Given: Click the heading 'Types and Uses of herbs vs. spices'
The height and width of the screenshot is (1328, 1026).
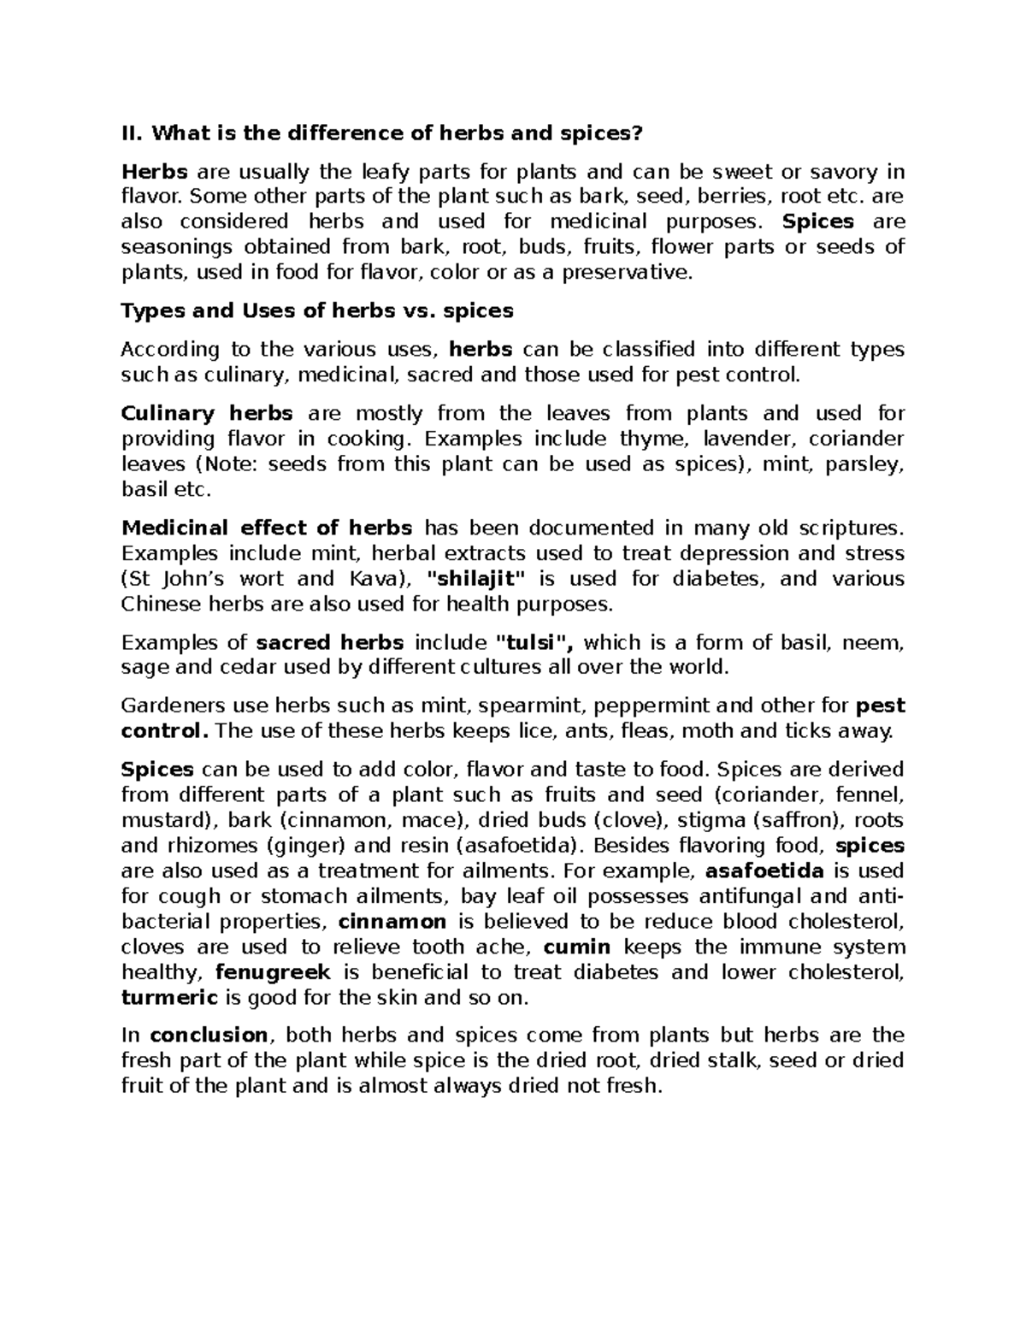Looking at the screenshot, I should [317, 310].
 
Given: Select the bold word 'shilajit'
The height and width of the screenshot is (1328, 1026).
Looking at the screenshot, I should [476, 579].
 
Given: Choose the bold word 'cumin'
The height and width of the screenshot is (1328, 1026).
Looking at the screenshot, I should [577, 947].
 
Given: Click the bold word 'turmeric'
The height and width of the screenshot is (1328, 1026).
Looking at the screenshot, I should [169, 998].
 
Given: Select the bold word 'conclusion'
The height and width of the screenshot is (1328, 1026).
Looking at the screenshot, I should [209, 1036].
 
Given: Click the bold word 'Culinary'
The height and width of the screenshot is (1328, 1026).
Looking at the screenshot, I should [168, 414].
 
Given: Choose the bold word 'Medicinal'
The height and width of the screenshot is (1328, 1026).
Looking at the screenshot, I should [175, 528].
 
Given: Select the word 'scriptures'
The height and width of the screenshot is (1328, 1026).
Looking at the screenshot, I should [842, 528].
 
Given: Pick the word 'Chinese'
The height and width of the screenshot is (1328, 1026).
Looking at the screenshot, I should [158, 605].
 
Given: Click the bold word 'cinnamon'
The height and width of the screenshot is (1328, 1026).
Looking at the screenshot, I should [392, 922].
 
